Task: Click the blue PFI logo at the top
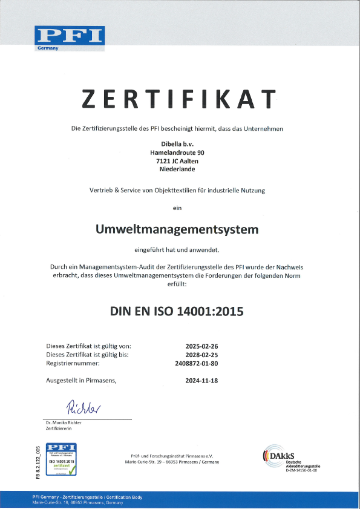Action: pos(69,38)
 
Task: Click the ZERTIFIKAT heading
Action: pos(179,98)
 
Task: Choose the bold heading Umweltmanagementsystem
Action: pos(177,229)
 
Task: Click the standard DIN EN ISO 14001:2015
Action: pos(177,313)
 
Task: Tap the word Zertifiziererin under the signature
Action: pos(59,428)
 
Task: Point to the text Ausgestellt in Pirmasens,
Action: pos(80,381)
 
